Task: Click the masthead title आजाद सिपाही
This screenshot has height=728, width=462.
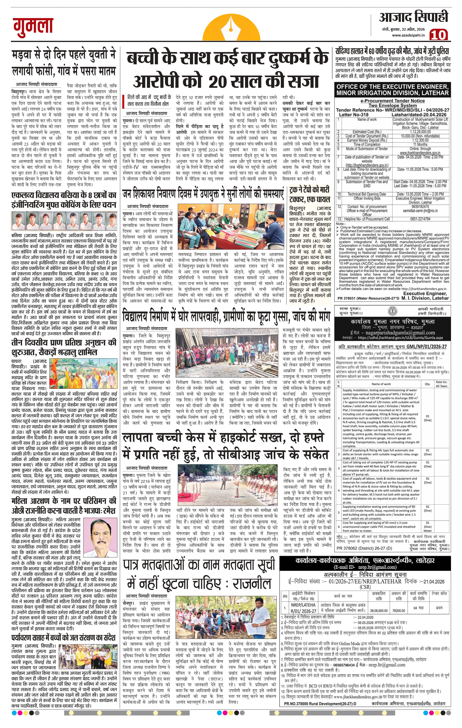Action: (x=414, y=18)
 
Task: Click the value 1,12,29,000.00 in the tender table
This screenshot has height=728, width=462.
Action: (x=412, y=132)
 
